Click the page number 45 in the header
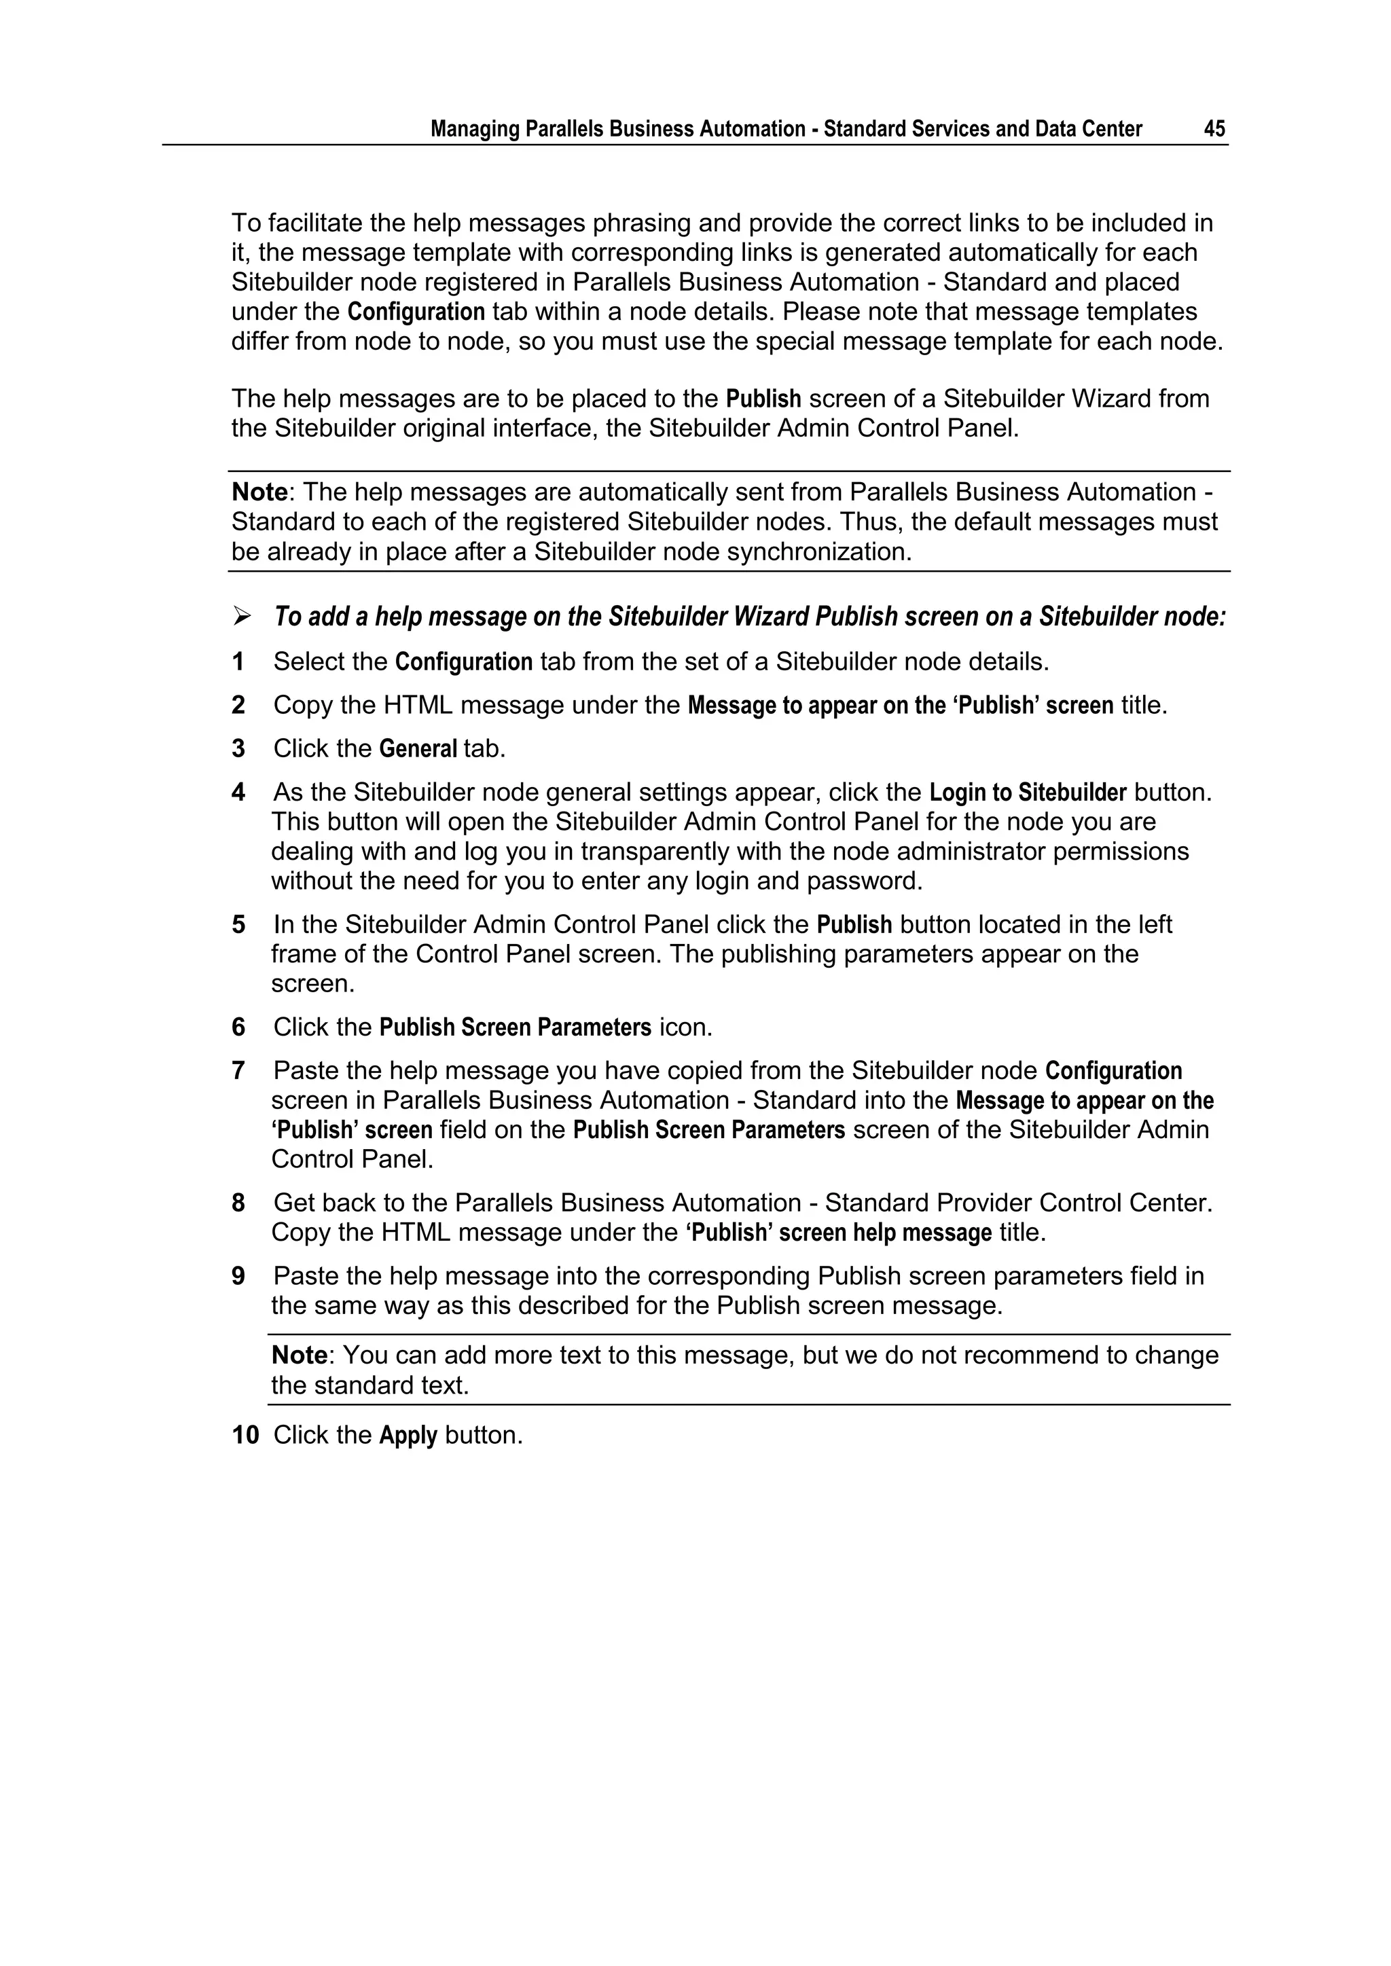coord(1214,129)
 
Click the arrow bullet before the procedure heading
coord(242,616)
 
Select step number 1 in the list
coord(238,662)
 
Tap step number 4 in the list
coord(238,793)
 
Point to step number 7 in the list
coord(238,1071)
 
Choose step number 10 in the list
coord(245,1435)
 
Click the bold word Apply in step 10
coord(409,1435)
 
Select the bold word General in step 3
coord(418,749)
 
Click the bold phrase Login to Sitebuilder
coord(1028,793)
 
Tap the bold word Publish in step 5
coord(854,925)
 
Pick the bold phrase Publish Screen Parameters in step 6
coord(515,1027)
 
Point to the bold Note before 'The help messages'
coord(259,492)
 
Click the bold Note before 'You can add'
coord(299,1355)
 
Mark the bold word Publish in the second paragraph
coord(763,399)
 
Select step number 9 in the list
coord(238,1277)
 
